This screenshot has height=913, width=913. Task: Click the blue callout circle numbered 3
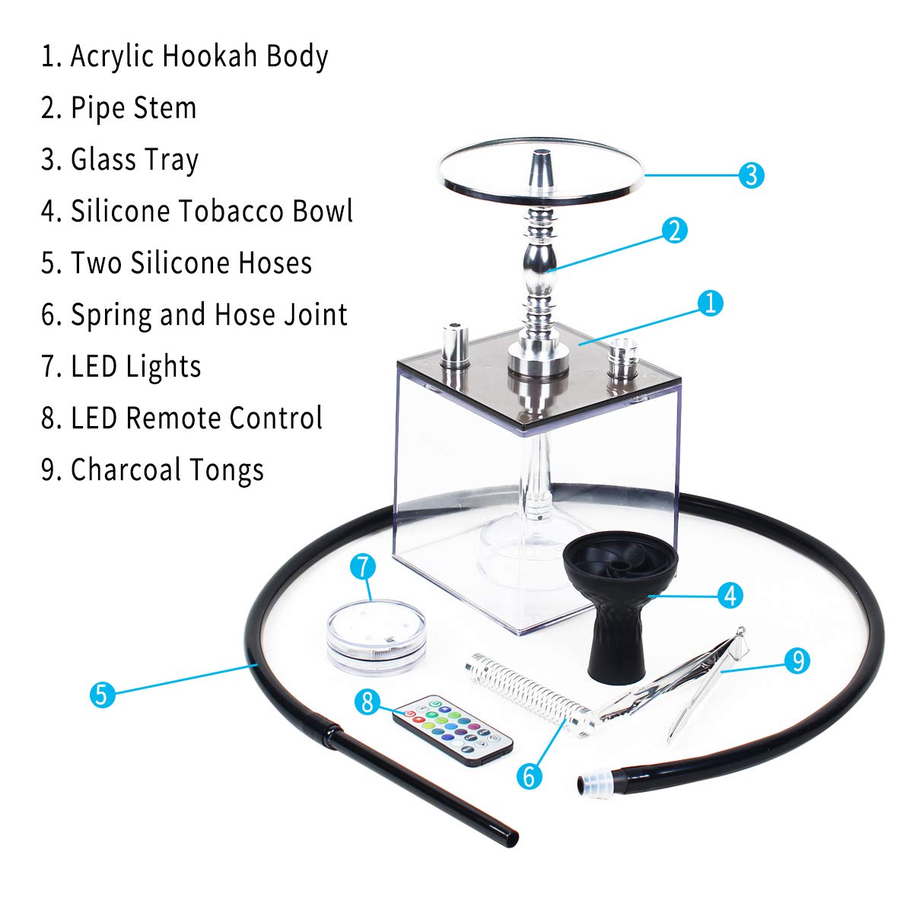[751, 175]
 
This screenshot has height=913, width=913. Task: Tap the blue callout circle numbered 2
[675, 230]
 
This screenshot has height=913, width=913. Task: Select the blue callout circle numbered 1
[710, 304]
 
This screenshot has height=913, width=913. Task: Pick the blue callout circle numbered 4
[730, 595]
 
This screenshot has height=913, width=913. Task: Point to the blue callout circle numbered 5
[103, 694]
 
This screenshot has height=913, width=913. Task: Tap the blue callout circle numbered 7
[364, 567]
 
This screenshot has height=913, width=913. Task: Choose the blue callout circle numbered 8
[368, 701]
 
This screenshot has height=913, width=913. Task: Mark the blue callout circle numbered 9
[797, 660]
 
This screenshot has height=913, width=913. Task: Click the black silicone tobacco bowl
[620, 601]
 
